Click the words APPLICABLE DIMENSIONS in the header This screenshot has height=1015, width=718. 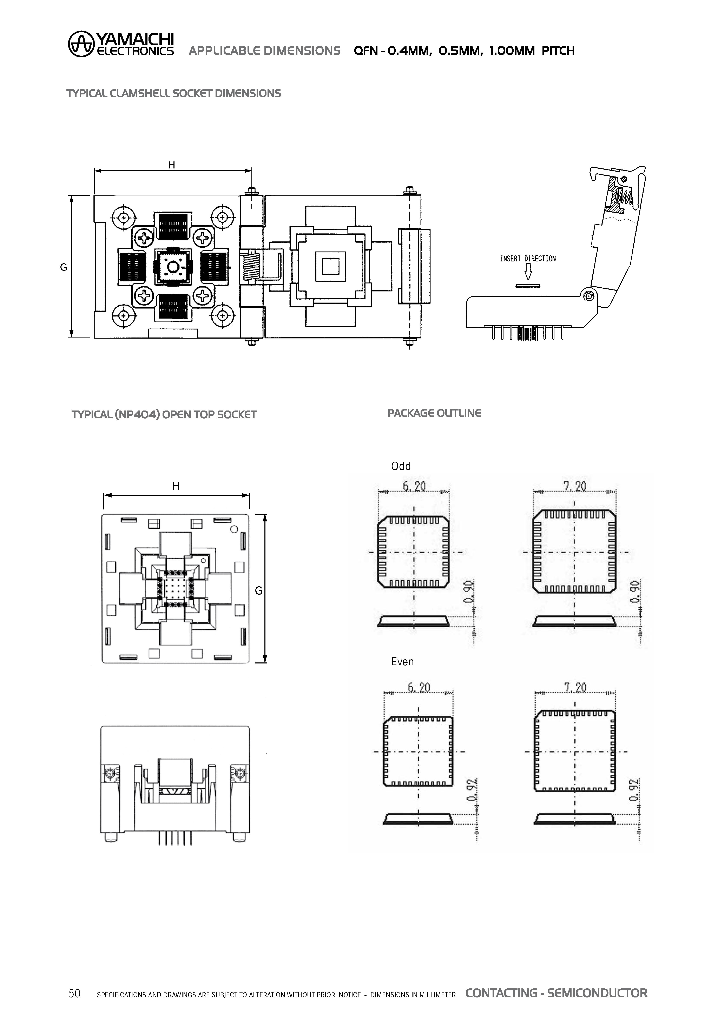pos(265,51)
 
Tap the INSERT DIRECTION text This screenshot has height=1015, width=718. pos(528,259)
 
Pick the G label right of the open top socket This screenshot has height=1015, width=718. pos(259,591)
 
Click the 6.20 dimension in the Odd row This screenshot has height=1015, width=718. pos(414,487)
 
